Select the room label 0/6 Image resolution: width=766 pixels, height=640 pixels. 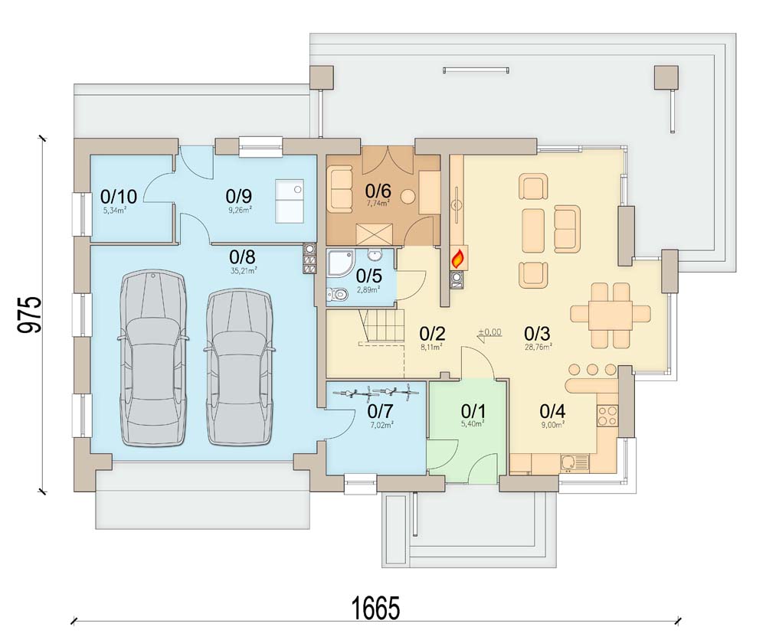pos(378,190)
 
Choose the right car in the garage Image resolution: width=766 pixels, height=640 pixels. pos(240,366)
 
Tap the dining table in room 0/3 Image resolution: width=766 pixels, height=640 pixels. pos(611,314)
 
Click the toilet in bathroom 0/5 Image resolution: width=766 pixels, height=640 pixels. pos(337,292)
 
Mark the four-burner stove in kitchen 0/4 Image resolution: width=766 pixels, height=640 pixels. pos(607,415)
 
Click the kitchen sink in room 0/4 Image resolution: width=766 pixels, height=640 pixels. pos(572,462)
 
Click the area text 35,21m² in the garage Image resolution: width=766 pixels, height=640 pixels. pos(244,269)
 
